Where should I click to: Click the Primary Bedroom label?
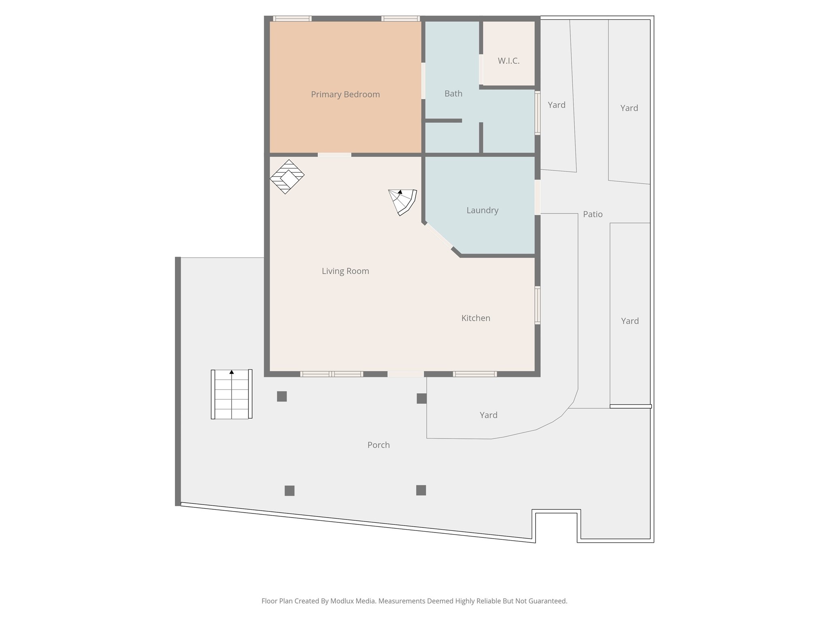click(345, 95)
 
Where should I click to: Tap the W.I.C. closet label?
click(508, 61)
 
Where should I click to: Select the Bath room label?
click(453, 94)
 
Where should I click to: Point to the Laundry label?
click(482, 211)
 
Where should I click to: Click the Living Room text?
click(345, 271)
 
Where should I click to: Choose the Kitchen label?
click(476, 318)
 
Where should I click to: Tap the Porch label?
click(378, 445)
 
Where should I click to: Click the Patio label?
click(593, 214)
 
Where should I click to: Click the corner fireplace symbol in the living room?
click(287, 177)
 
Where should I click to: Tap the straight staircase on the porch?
click(232, 394)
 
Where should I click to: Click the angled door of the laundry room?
click(438, 236)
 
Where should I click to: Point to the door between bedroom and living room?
click(334, 155)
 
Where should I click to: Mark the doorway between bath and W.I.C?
click(481, 70)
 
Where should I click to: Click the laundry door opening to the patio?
click(538, 197)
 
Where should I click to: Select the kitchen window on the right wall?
click(538, 305)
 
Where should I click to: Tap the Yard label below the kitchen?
click(489, 415)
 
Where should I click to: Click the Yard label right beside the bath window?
click(557, 105)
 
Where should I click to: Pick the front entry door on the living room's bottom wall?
click(406, 374)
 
